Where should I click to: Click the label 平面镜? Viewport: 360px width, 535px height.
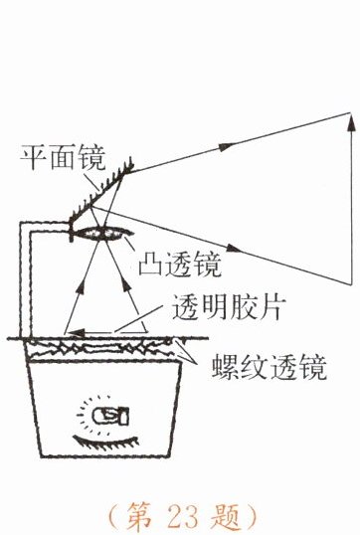pos(63,157)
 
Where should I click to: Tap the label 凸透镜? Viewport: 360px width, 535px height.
pos(180,265)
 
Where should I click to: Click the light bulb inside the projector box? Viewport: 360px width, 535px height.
pos(111,417)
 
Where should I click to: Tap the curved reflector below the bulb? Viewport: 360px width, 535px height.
pos(106,441)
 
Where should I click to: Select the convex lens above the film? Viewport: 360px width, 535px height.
pos(101,234)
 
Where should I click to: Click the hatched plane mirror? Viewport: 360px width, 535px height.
pos(101,193)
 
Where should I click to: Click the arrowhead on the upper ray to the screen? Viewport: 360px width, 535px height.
pos(226,147)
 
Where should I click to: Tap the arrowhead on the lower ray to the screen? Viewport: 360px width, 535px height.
pos(234,248)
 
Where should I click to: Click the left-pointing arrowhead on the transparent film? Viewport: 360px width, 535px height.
pos(76,332)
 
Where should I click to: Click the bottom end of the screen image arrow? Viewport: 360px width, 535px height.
pos(351,283)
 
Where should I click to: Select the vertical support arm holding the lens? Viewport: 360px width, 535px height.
pos(25,279)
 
